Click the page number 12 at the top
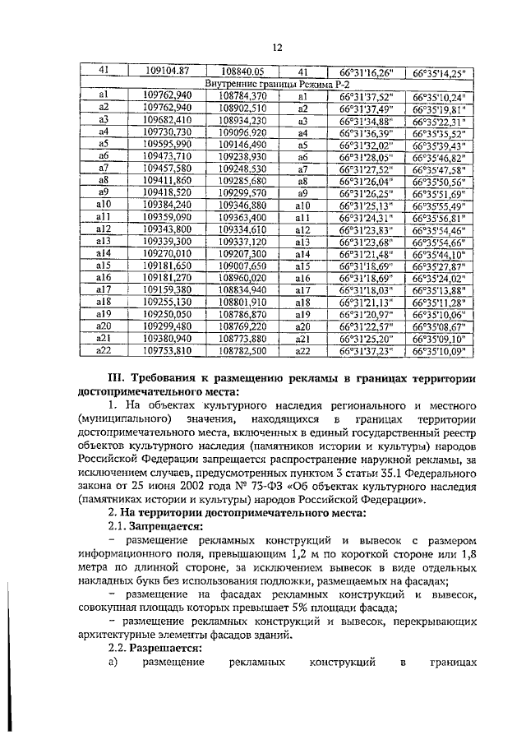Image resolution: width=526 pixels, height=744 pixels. (277, 47)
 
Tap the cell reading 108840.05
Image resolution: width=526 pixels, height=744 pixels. (242, 72)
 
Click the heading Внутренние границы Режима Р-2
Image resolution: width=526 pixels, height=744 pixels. (277, 84)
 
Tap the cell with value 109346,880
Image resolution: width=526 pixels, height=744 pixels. (242, 205)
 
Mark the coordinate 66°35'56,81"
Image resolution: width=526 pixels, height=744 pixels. (439, 217)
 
